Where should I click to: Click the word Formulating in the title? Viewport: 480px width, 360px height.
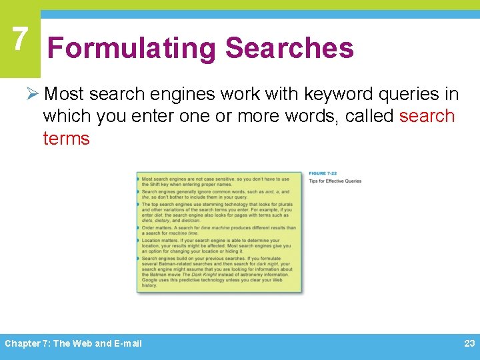(x=131, y=49)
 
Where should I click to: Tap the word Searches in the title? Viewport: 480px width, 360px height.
(x=289, y=49)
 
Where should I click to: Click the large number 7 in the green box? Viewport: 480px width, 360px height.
(x=20, y=40)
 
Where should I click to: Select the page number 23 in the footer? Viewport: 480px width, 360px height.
(x=469, y=343)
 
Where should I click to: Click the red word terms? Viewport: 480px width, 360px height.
(x=66, y=138)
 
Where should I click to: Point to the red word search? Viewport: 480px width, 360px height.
(x=427, y=115)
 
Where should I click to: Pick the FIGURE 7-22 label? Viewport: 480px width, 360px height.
(x=323, y=174)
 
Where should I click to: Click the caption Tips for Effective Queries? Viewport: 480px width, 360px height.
(x=335, y=181)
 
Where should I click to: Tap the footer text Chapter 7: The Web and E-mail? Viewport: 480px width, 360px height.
(x=73, y=343)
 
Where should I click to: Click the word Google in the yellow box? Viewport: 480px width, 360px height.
(x=149, y=279)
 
